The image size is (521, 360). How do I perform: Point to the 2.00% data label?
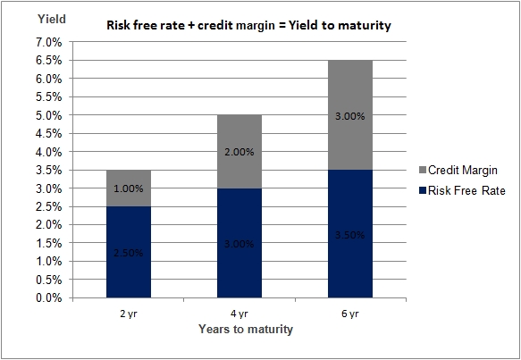pos(239,152)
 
